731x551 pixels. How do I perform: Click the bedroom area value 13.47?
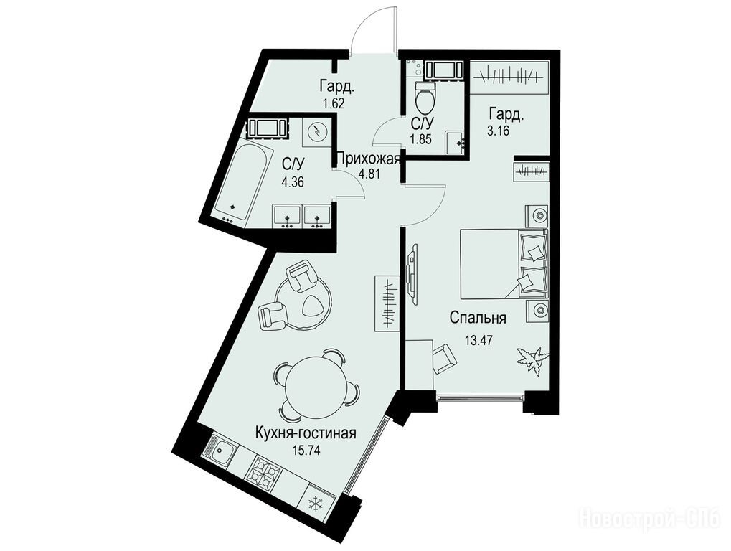478,340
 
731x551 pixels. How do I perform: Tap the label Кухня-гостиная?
306,433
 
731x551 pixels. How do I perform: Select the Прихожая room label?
368,159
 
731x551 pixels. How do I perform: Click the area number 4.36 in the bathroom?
292,182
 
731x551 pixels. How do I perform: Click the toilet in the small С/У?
425,96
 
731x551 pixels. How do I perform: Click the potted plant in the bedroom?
531,359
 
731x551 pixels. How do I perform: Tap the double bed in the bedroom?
504,263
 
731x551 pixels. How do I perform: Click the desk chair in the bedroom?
445,358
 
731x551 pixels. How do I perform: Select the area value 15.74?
306,451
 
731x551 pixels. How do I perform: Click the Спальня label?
478,319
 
